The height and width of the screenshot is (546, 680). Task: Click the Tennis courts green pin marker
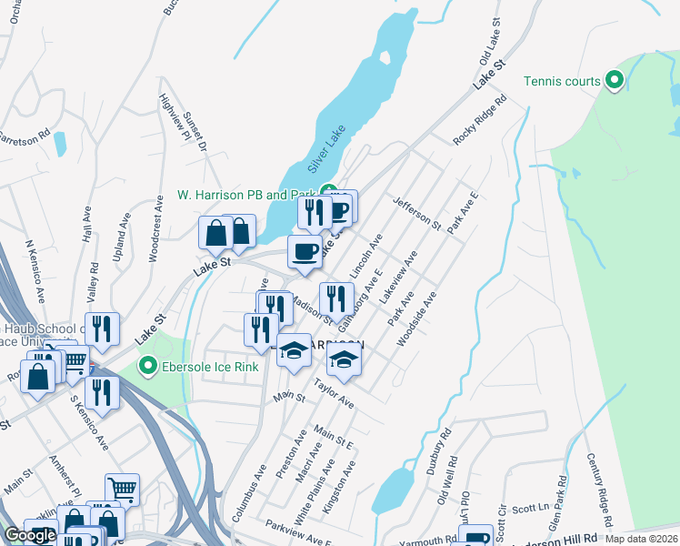coord(614,81)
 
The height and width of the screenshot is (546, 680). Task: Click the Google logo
coord(30,535)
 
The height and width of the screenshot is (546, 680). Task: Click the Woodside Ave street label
coord(416,319)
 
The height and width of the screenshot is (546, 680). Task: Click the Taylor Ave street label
coord(334,393)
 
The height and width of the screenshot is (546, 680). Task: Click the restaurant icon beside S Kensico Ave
coord(101,392)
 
